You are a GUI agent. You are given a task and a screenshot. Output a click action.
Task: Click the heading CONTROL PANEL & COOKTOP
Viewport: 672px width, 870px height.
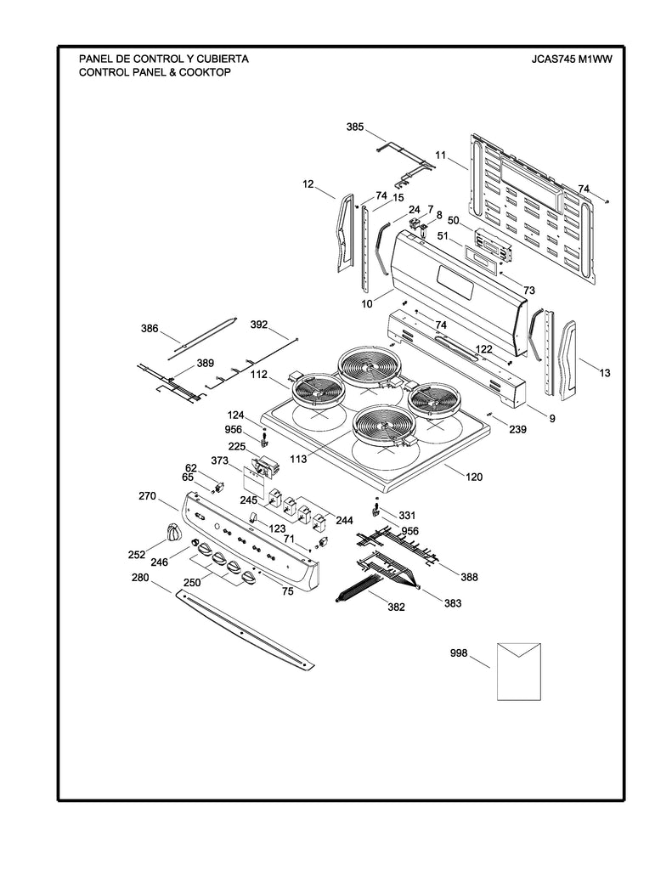click(155, 72)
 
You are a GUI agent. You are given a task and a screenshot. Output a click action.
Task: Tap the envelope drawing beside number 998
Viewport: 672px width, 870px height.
click(518, 670)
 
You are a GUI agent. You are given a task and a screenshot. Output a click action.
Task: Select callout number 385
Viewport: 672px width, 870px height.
click(355, 127)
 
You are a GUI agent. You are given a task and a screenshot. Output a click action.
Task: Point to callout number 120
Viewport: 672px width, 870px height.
click(473, 477)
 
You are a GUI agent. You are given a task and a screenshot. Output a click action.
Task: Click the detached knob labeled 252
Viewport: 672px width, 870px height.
click(173, 533)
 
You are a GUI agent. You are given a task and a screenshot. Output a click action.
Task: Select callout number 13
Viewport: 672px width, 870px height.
click(603, 373)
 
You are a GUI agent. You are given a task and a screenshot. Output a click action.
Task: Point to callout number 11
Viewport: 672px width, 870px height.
click(440, 155)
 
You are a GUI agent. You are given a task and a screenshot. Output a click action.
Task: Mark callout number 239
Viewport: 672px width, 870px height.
click(517, 430)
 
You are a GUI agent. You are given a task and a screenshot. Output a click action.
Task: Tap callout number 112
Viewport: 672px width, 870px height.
click(259, 375)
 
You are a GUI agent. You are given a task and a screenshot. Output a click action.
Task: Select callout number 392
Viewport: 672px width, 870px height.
click(259, 325)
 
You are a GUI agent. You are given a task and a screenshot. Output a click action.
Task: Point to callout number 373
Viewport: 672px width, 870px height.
click(220, 460)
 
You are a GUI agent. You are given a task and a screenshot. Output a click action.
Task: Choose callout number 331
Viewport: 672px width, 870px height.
click(407, 515)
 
